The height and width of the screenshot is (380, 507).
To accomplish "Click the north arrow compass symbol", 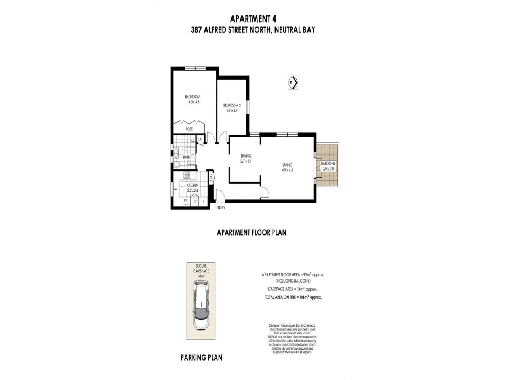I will point(293,83).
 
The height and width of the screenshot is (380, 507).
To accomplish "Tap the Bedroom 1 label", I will point(194,97).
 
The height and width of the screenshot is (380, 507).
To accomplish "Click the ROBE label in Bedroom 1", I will point(189,129).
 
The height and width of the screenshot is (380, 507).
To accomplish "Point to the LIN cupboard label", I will point(200,139).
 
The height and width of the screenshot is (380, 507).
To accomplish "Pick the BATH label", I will point(187,157).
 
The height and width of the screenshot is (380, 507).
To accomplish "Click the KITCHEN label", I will point(193,185).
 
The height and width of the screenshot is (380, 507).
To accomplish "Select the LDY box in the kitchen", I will point(194,202).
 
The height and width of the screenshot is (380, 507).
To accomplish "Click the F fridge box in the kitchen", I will point(204,202).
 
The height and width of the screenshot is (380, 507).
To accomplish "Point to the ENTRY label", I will point(221,208).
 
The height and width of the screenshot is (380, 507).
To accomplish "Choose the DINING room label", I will point(246,156).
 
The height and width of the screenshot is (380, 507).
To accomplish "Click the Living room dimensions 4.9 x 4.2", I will point(287,171).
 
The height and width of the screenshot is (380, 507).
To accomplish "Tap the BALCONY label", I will point(328,163).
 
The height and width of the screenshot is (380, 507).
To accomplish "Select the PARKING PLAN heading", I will point(202,357).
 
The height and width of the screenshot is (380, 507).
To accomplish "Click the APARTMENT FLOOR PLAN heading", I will point(252,232).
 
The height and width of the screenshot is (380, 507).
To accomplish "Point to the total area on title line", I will point(293,297).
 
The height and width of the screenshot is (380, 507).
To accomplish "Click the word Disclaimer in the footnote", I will point(274,325).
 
